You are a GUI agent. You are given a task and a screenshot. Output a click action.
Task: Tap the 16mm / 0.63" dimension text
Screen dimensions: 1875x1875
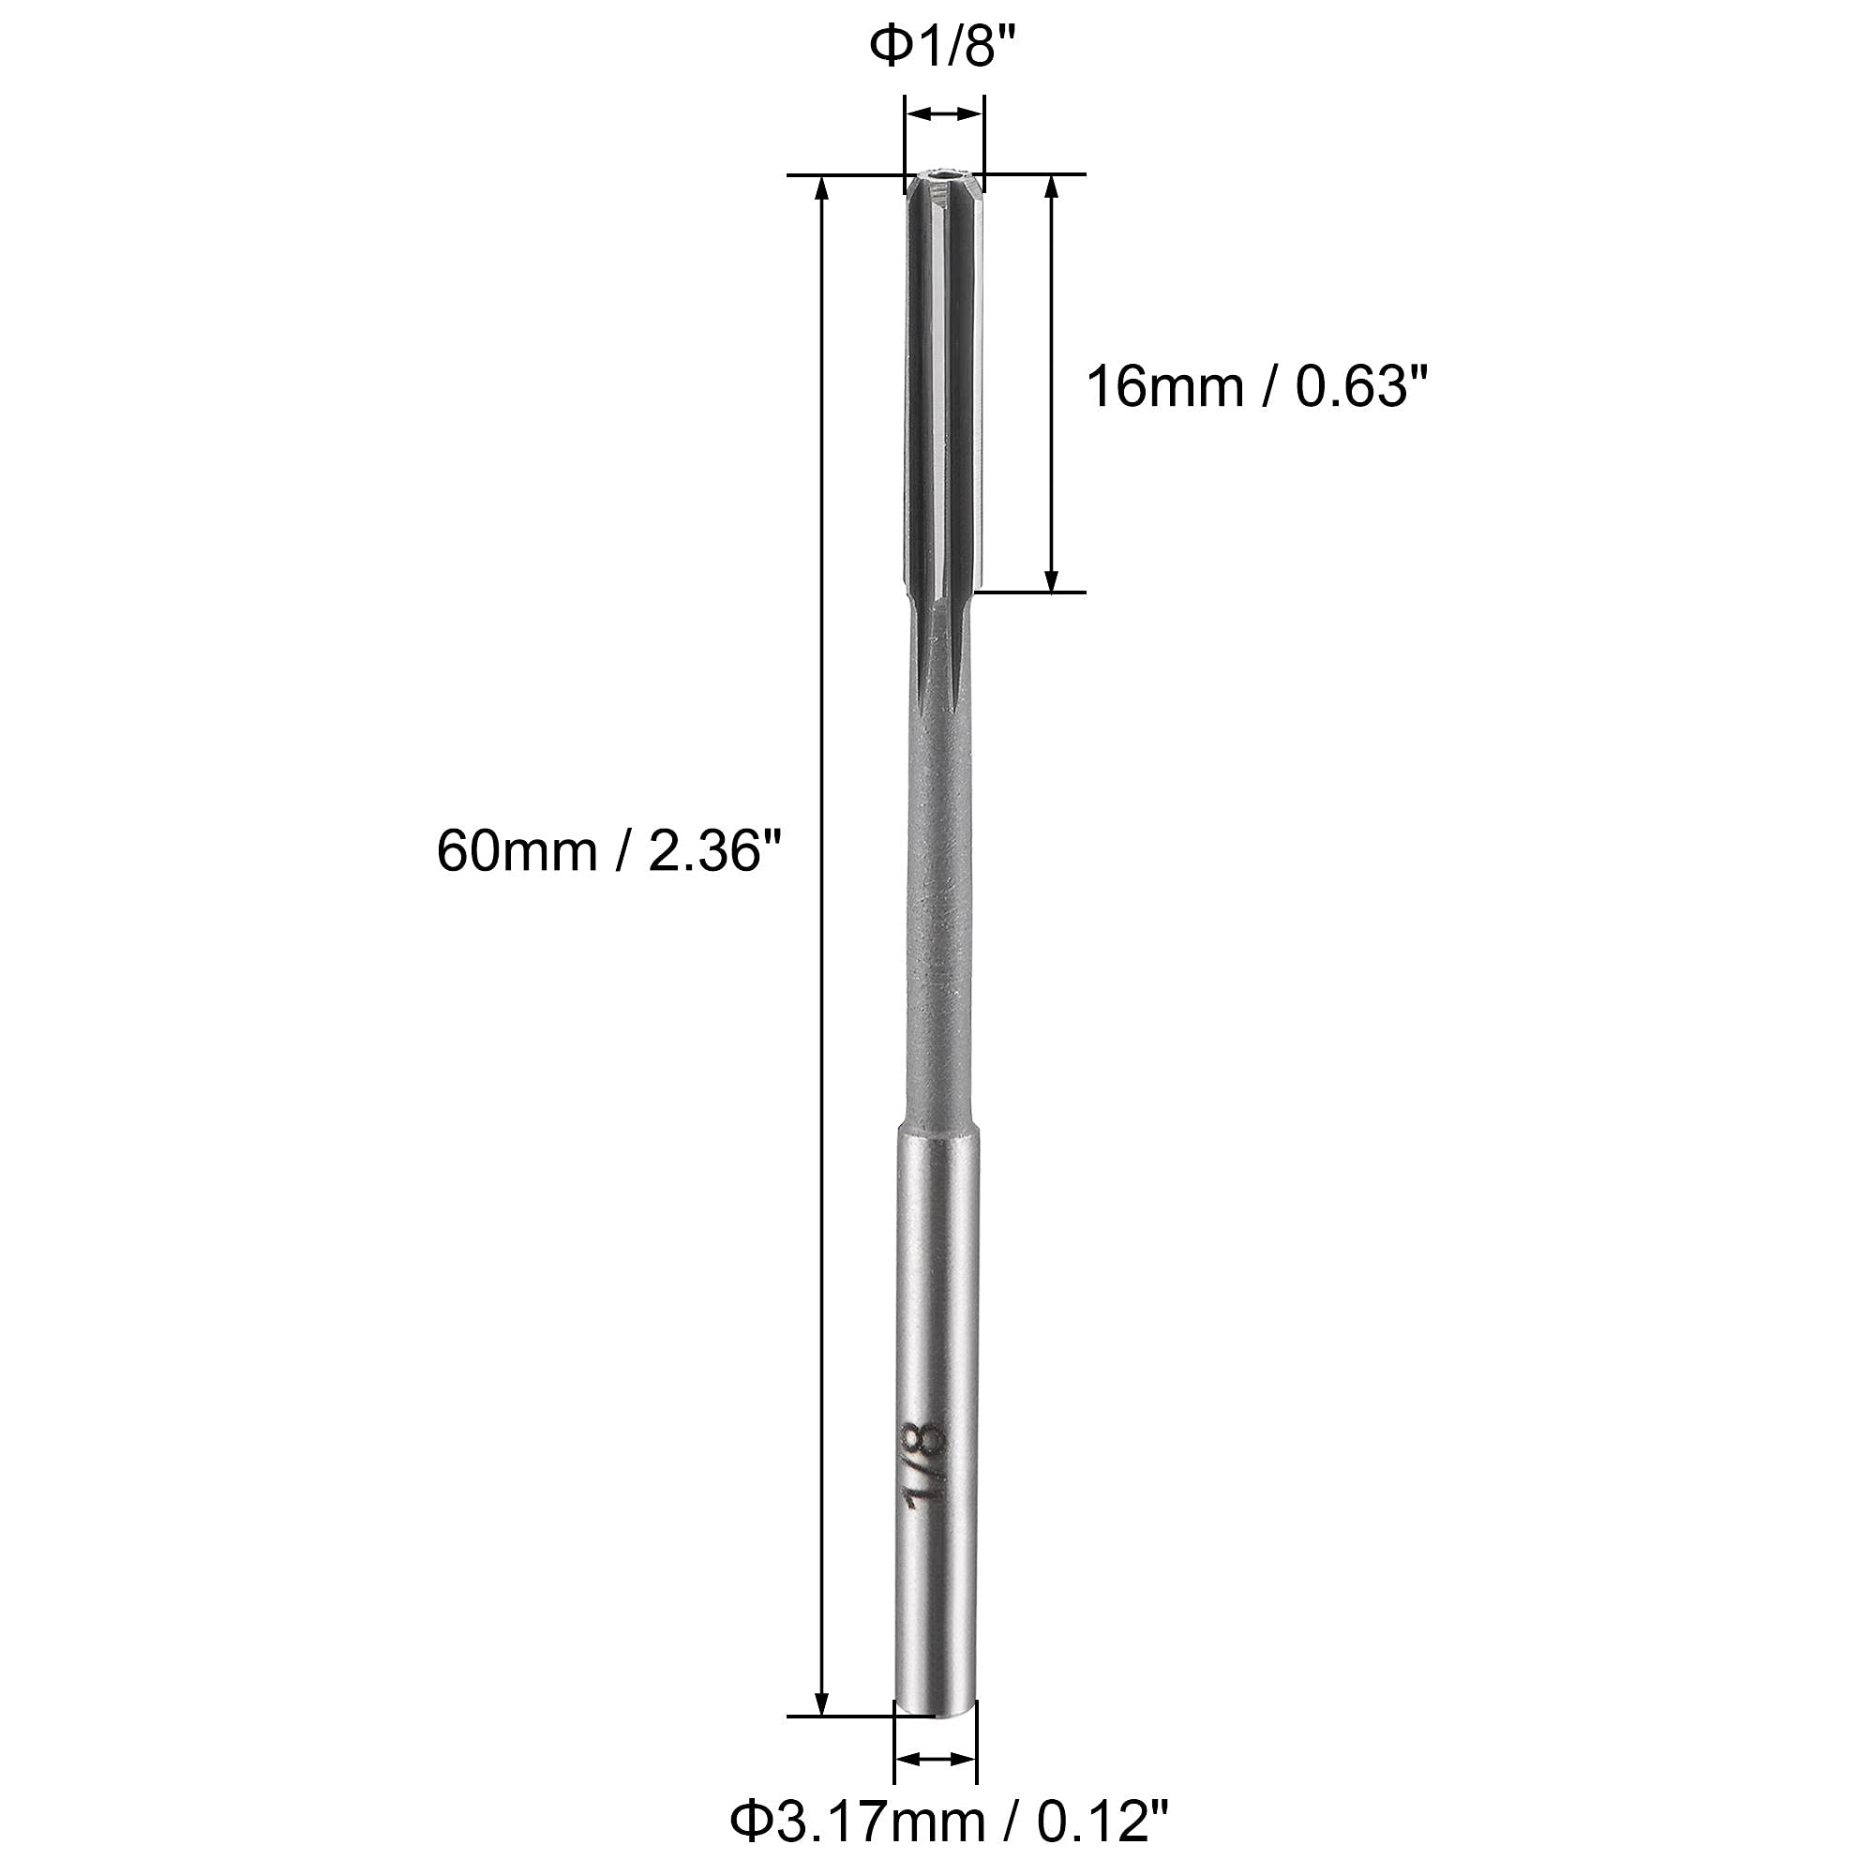tap(1258, 387)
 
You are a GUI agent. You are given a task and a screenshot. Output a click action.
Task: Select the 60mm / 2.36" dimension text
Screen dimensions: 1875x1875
tap(608, 852)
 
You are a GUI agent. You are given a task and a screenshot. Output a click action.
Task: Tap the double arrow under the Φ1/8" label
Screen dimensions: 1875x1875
tap(943, 115)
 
